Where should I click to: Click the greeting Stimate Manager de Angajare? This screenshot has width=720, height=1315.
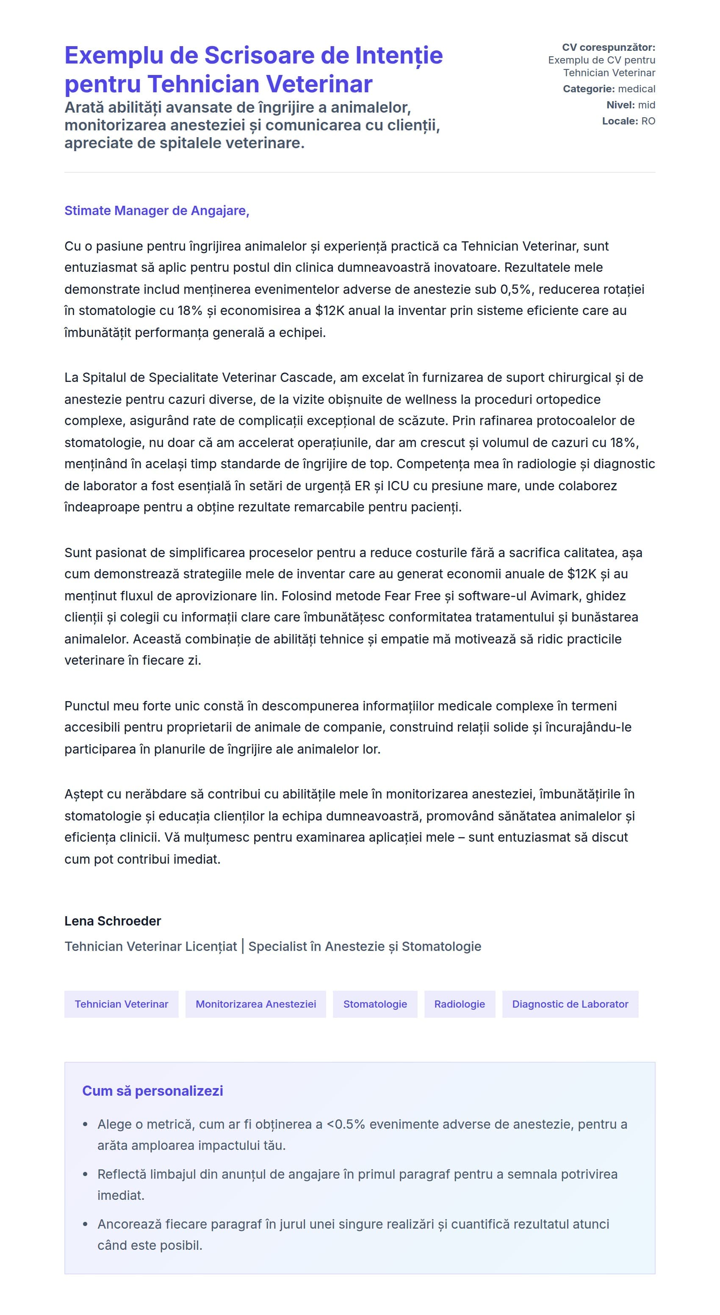pyautogui.click(x=156, y=210)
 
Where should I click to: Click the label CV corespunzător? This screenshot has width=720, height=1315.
pyautogui.click(x=608, y=47)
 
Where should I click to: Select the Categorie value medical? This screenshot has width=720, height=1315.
pyautogui.click(x=636, y=89)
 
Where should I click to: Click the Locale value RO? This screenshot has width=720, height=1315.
pyautogui.click(x=648, y=121)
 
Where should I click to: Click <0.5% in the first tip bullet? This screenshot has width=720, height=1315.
pyautogui.click(x=345, y=1124)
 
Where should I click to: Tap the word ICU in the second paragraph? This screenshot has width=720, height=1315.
pyautogui.click(x=398, y=486)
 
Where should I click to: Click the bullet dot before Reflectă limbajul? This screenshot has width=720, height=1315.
pyautogui.click(x=85, y=1174)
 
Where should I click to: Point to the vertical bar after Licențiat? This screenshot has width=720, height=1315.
pyautogui.click(x=243, y=946)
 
